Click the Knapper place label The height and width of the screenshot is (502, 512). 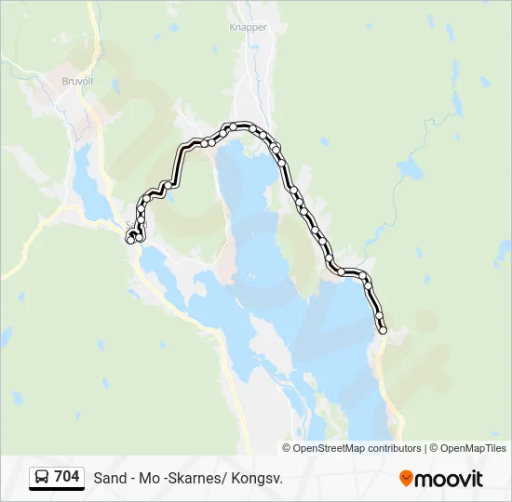[x=248, y=28]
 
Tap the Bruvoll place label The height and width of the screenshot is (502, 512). [x=77, y=81]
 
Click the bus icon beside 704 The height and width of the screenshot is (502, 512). [x=41, y=478]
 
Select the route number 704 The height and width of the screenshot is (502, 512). [x=67, y=477]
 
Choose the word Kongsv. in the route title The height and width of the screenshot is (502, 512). [x=256, y=478]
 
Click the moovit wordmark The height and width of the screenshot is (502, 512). [x=449, y=479]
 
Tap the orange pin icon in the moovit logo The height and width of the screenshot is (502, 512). [x=406, y=478]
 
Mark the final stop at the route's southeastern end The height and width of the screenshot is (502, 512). [x=383, y=330]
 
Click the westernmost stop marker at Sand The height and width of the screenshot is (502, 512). [x=129, y=240]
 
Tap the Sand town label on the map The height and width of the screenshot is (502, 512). [x=136, y=224]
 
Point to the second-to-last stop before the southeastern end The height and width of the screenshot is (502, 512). [x=380, y=316]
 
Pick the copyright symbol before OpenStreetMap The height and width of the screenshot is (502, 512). [x=287, y=448]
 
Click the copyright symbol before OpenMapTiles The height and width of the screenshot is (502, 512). [x=433, y=448]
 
